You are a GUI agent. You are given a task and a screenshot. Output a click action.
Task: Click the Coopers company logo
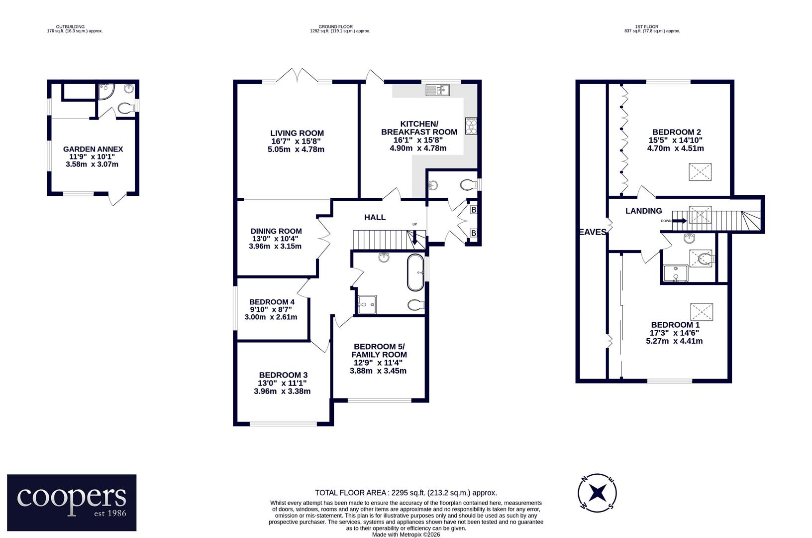tap(72, 503)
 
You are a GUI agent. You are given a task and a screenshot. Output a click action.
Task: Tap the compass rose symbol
tap(597, 493)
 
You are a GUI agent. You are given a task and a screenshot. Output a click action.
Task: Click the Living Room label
tap(297, 133)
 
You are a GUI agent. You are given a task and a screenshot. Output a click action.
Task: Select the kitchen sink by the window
tap(437, 90)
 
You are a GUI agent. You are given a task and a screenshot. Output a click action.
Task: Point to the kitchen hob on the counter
tap(471, 126)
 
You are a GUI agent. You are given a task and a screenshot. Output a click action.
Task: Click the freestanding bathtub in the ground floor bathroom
tap(415, 272)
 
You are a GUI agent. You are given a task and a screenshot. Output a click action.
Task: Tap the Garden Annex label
tap(93, 149)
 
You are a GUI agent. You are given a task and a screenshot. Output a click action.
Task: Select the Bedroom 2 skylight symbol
tap(700, 172)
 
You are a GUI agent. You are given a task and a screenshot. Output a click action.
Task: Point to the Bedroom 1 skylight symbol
tap(702, 312)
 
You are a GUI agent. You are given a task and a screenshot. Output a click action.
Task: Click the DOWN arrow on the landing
tap(679, 221)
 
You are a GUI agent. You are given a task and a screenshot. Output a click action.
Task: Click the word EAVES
tap(592, 232)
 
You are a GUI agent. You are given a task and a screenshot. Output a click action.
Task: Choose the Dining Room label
tap(276, 231)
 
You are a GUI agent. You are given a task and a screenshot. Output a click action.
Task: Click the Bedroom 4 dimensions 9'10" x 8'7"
tap(271, 310)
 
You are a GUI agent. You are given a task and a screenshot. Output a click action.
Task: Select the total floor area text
tap(406, 493)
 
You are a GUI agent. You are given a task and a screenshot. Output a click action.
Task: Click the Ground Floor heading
tap(335, 26)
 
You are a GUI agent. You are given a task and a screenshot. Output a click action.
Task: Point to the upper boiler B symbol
tap(474, 210)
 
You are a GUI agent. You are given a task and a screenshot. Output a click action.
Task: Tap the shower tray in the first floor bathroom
tap(676, 273)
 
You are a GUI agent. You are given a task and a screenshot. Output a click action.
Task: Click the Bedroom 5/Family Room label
tap(379, 350)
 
